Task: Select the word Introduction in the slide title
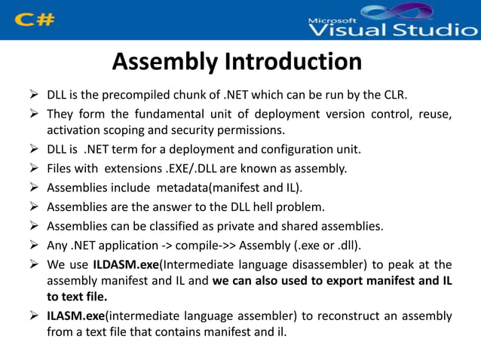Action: click(x=288, y=62)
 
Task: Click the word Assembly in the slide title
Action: click(x=161, y=62)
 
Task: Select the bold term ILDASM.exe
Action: click(x=123, y=264)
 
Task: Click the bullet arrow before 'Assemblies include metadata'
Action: click(x=33, y=187)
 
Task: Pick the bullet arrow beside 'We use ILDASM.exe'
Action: click(x=33, y=264)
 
